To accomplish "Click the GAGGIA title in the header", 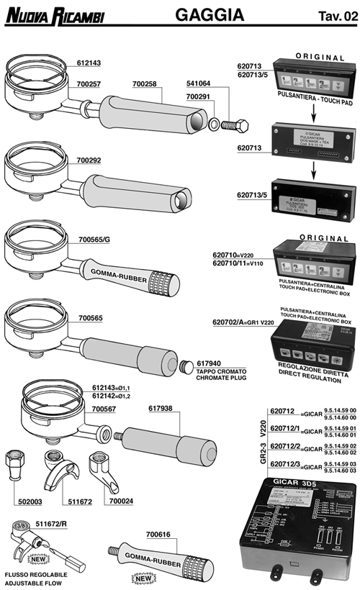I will (x=209, y=14).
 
